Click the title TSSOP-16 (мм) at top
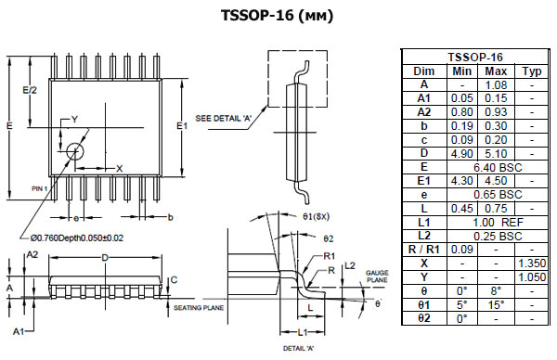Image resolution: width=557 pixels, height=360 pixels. (277, 16)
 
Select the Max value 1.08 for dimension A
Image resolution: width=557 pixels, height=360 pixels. (496, 85)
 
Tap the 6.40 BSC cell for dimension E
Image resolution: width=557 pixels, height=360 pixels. (498, 167)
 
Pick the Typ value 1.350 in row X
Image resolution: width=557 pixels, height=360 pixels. (532, 264)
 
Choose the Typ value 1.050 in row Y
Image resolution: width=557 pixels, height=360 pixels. (532, 277)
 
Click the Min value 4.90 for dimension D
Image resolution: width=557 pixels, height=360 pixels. (461, 154)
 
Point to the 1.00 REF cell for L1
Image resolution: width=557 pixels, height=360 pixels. (498, 223)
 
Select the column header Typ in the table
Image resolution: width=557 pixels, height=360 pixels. (532, 71)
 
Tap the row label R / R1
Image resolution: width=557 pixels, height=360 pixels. (424, 250)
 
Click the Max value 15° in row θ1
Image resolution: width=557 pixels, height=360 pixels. (496, 305)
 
